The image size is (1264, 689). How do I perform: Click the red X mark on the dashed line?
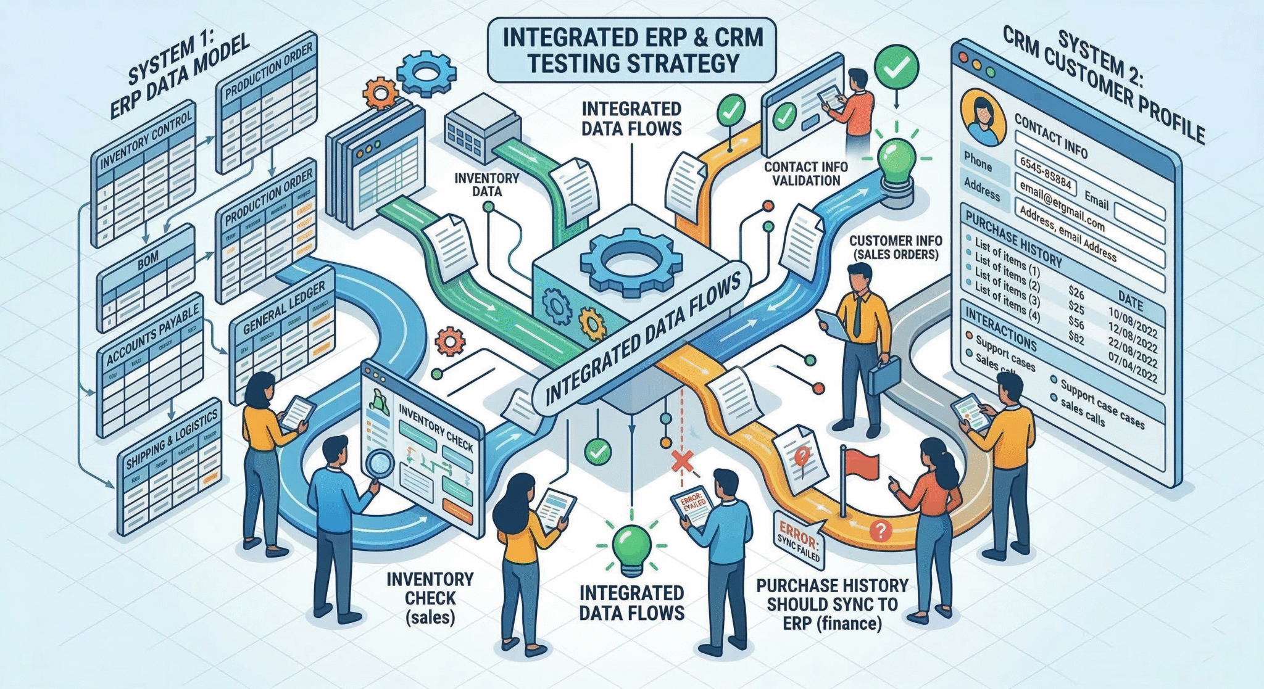click(x=682, y=460)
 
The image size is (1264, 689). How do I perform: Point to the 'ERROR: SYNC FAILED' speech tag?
click(x=799, y=542)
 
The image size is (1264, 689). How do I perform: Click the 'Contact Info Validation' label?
click(x=805, y=173)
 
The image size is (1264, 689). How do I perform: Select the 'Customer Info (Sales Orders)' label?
click(x=895, y=247)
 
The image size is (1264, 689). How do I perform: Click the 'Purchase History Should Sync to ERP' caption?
click(x=832, y=604)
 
